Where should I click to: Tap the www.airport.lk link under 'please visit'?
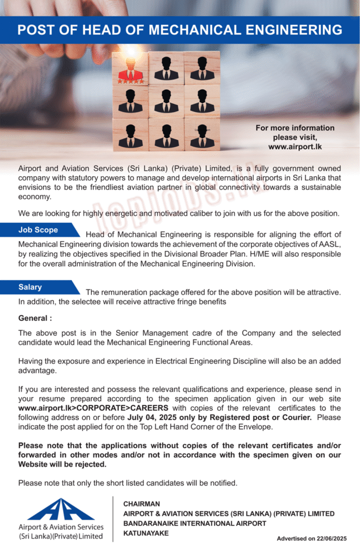pyautogui.click(x=295, y=147)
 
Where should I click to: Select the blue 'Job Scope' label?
pyautogui.click(x=38, y=230)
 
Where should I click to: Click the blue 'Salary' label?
pyautogui.click(x=30, y=287)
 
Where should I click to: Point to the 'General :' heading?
pyautogui.click(x=35, y=318)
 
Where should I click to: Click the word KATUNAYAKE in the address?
pyautogui.click(x=146, y=533)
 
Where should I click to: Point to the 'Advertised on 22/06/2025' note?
pyautogui.click(x=311, y=539)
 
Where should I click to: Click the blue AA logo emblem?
pyautogui.click(x=61, y=509)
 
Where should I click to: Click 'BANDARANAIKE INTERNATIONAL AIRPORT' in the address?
pyautogui.click(x=195, y=524)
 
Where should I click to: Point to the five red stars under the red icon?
pyautogui.click(x=130, y=82)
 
